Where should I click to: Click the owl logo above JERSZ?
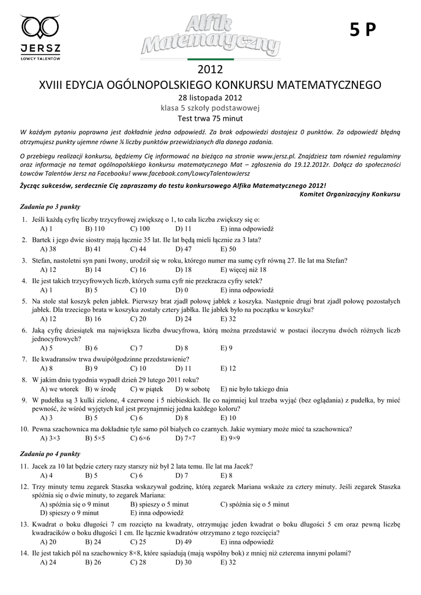[41, 27]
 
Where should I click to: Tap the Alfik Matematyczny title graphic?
[211, 37]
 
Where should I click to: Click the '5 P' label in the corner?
[363, 31]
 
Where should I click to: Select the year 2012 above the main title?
[210, 70]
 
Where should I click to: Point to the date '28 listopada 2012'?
[210, 98]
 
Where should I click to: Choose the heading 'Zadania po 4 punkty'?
[50, 454]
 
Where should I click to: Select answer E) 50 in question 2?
[228, 249]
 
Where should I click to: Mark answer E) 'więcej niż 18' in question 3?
[243, 270]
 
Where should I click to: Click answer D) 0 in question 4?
[182, 290]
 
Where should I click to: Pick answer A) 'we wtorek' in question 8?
[56, 389]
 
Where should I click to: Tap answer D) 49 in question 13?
[184, 542]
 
